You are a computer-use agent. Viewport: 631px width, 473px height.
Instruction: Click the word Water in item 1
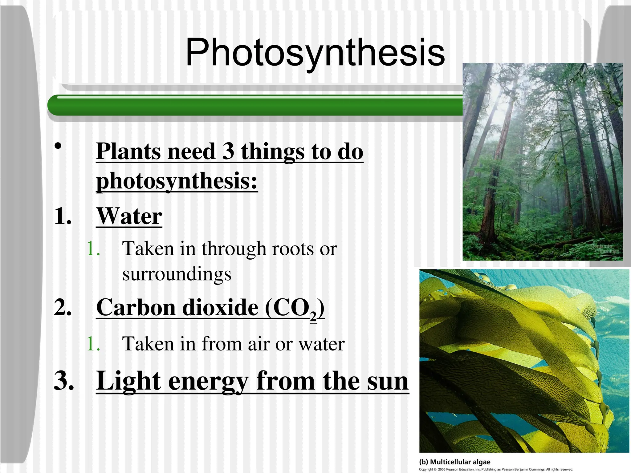pos(129,216)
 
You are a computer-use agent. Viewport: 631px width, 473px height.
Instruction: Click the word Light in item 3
pos(128,381)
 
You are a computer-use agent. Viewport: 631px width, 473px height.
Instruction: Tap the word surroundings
pos(177,274)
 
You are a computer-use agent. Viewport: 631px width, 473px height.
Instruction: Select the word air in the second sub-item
pos(259,344)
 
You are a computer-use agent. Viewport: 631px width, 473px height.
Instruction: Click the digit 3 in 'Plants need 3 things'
pos(228,151)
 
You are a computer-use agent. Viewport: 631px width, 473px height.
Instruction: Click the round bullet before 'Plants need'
pos(58,146)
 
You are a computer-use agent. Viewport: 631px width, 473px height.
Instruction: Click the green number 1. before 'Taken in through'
pos(93,249)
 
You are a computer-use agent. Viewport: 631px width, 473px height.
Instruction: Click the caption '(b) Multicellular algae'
pos(454,462)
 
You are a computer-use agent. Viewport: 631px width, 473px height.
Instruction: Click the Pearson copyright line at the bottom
pos(496,470)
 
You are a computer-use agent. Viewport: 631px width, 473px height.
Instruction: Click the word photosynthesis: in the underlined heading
pos(177,181)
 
